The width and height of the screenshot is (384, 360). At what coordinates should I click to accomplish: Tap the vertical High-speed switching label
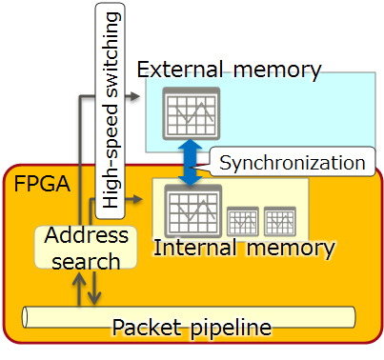pos(111,107)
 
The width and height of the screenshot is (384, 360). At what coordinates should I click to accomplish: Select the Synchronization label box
pos(292,162)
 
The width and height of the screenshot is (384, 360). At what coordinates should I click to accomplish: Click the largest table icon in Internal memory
pos(192,210)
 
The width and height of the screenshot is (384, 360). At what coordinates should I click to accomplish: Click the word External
pos(183,70)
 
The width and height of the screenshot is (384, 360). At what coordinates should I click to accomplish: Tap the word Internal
pos(193,250)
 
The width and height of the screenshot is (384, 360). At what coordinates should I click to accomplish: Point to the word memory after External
pos(275,70)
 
